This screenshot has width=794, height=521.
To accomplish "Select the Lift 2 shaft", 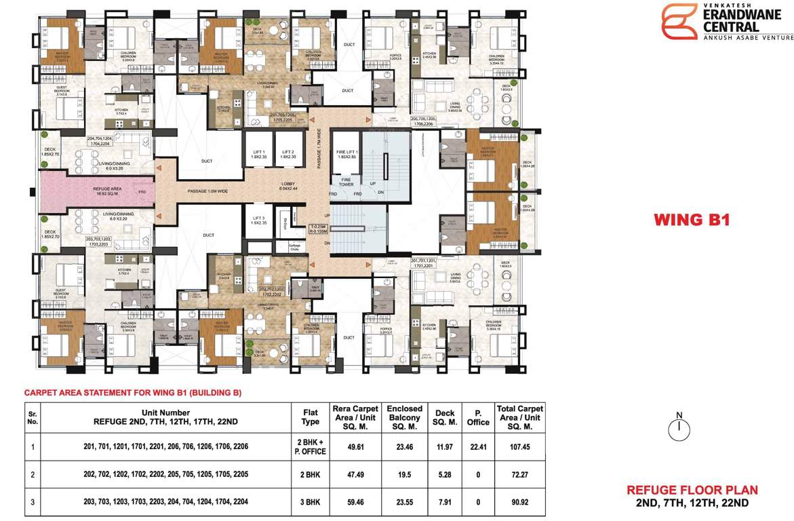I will (x=289, y=157).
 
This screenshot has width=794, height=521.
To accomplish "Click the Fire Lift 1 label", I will (x=346, y=155).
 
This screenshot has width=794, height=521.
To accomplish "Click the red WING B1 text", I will (x=691, y=220).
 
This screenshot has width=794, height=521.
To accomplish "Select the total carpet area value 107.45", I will (x=520, y=447).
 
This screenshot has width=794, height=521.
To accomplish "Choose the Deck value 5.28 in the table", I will (x=445, y=476).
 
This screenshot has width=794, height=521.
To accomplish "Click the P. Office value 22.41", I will (x=478, y=447).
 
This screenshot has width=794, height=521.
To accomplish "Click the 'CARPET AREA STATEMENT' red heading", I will (x=133, y=393).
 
